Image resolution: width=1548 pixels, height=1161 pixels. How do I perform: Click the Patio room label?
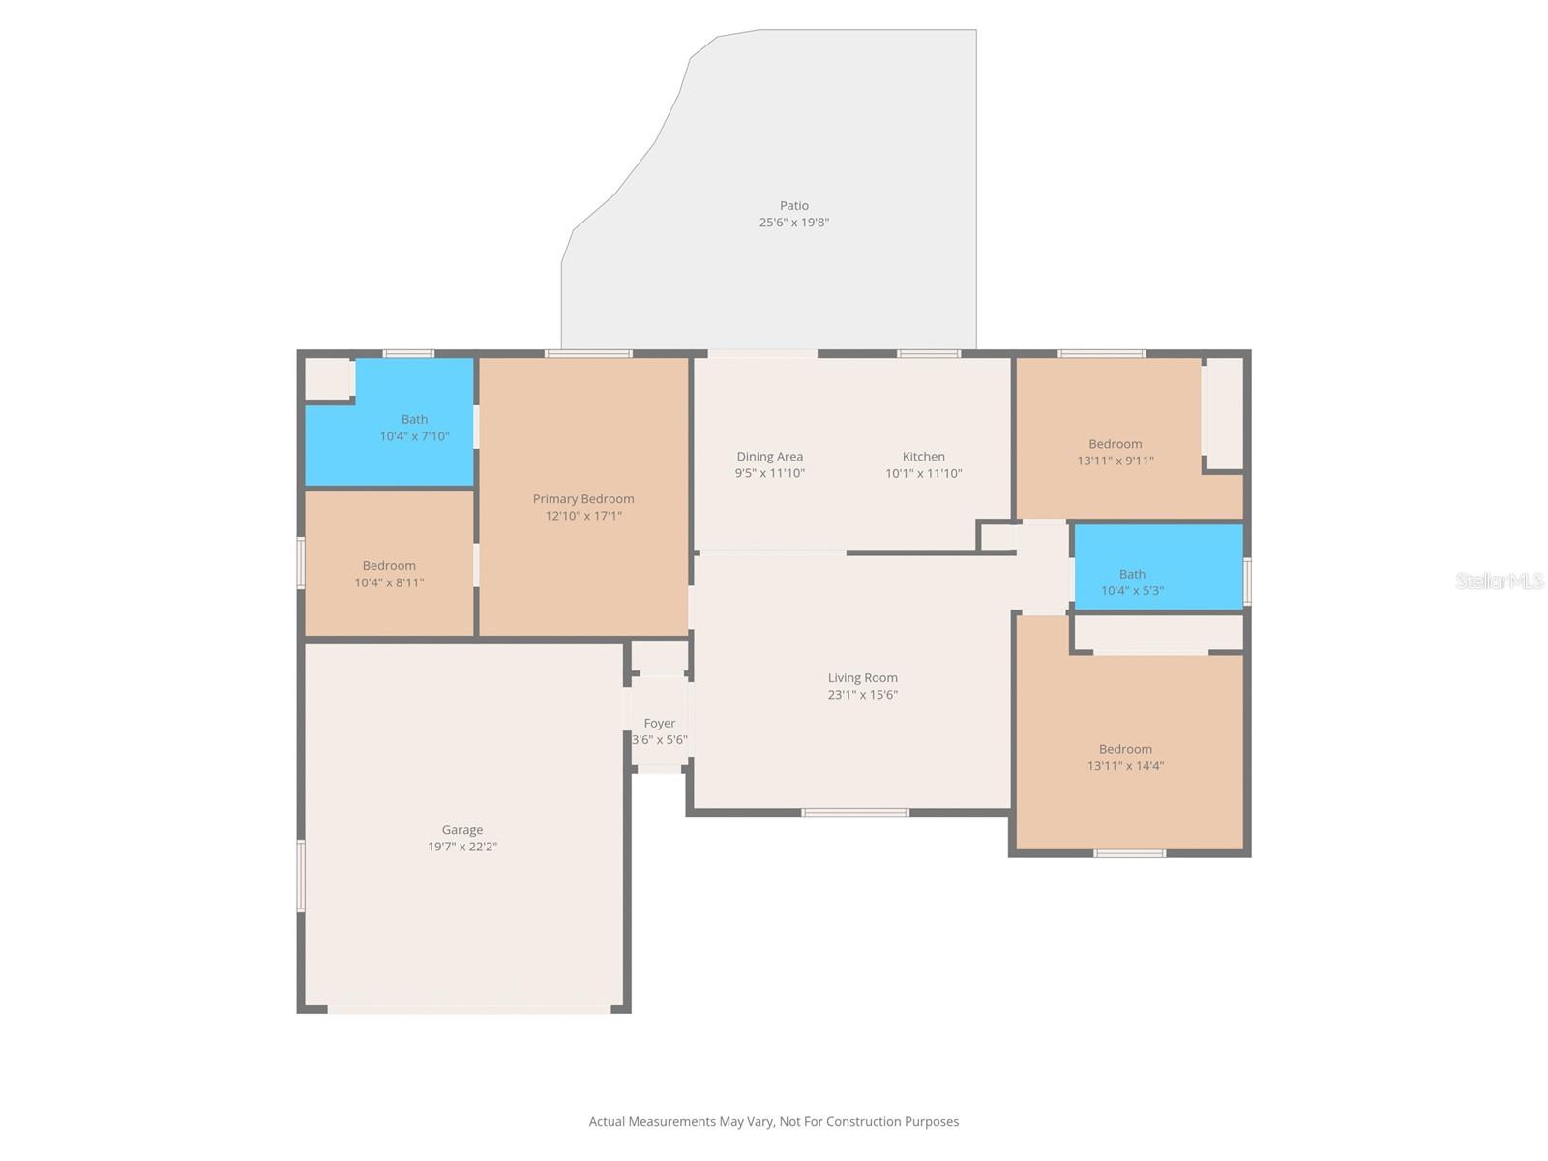(x=793, y=205)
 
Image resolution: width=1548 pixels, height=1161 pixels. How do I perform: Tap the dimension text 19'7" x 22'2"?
(x=462, y=847)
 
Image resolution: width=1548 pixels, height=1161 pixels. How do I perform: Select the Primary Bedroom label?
(x=583, y=499)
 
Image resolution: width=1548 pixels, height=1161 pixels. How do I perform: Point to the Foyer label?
(x=660, y=723)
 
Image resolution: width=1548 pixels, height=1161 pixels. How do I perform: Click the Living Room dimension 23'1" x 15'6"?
(x=862, y=695)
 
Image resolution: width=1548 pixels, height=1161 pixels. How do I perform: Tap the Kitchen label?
(x=923, y=457)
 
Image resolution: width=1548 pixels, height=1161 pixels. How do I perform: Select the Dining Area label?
(x=769, y=457)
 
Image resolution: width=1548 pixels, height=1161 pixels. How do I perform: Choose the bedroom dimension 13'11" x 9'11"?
(x=1115, y=461)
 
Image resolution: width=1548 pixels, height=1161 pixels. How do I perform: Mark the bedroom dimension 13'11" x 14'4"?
(x=1125, y=766)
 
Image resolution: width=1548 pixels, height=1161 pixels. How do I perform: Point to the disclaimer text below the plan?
(x=774, y=1122)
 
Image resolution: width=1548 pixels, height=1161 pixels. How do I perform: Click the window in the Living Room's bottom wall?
(x=855, y=813)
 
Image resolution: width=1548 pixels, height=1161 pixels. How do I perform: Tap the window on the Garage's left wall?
(x=301, y=876)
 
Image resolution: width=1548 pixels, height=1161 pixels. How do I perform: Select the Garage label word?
(x=462, y=829)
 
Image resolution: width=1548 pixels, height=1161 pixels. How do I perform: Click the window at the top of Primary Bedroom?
(x=588, y=354)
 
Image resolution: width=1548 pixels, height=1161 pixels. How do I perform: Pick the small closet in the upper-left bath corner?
(x=327, y=378)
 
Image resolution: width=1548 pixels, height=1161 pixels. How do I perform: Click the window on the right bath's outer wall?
(x=1247, y=581)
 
